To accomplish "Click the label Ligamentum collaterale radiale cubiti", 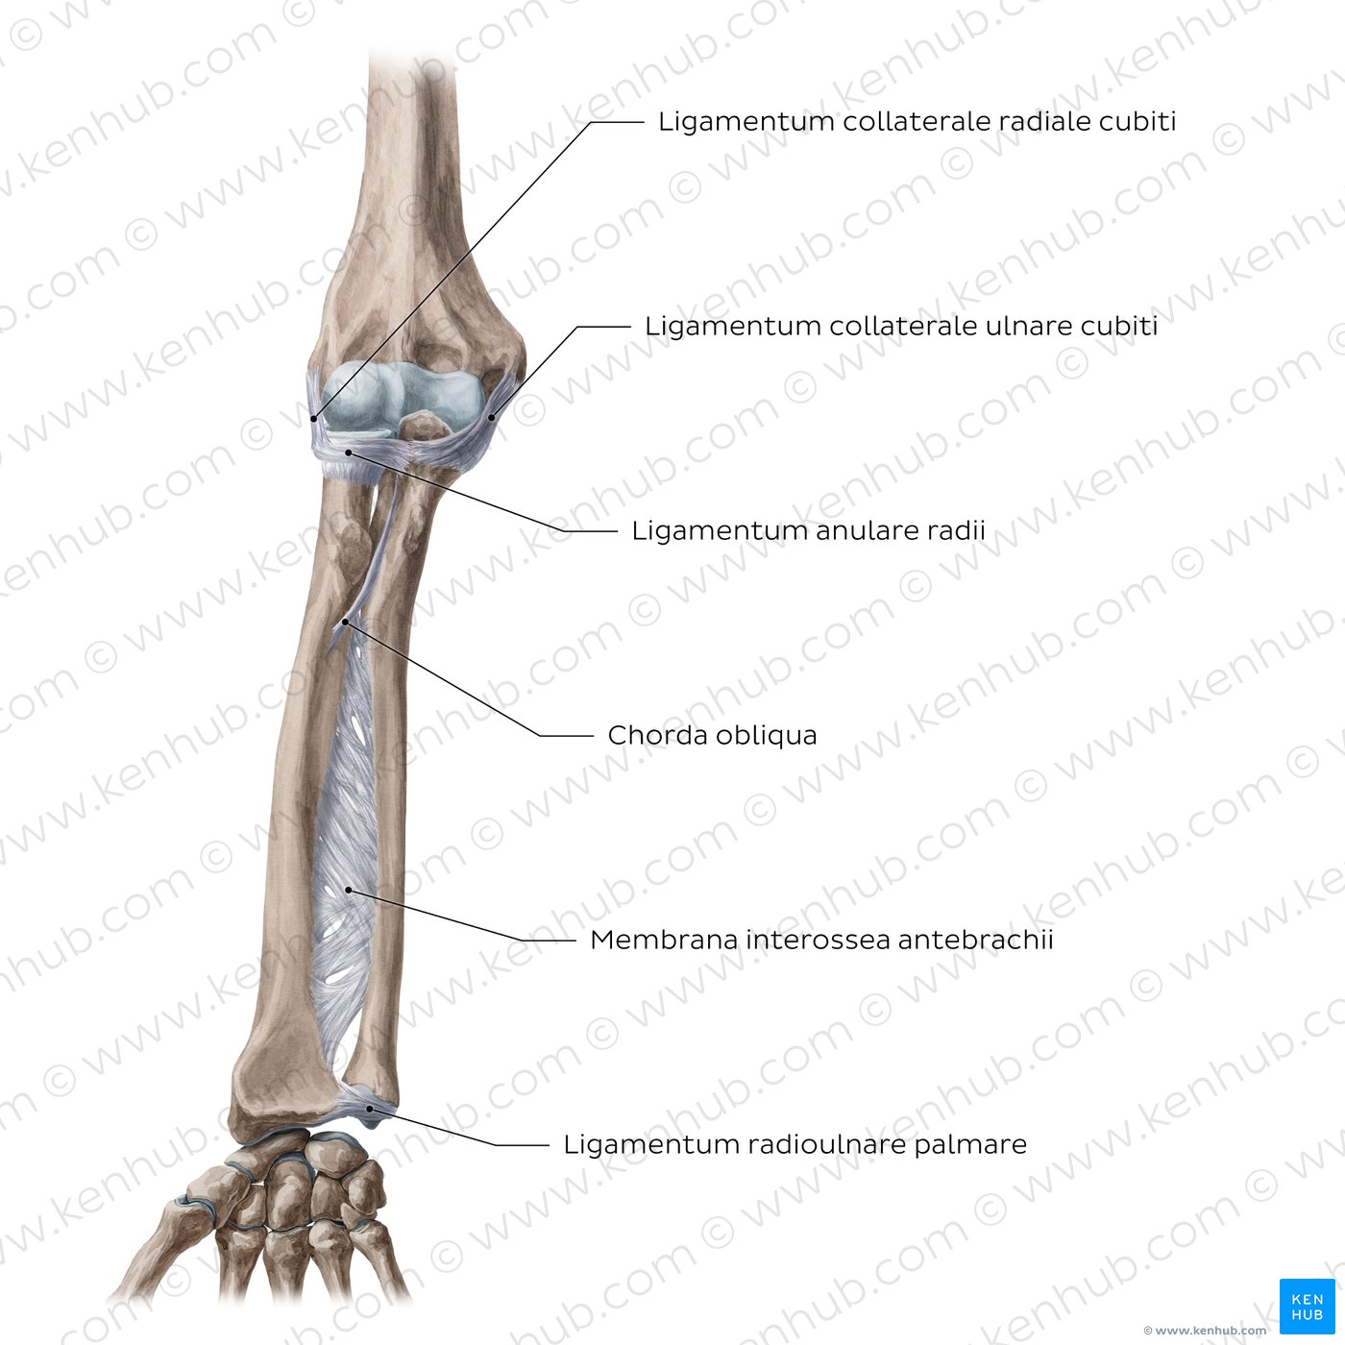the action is [917, 121].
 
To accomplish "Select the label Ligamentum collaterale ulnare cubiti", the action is [900, 326].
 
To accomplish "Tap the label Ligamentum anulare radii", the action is [808, 530].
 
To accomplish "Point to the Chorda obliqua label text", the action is [712, 735].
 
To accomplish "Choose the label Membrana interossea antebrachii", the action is [821, 940].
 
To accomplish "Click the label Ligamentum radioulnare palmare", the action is [795, 1144].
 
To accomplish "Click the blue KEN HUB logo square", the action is [1307, 1307].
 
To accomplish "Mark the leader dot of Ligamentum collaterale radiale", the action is [314, 419].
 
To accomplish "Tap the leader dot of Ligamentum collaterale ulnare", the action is [491, 417].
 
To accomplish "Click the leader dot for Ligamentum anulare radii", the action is [349, 453].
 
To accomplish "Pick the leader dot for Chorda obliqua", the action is [345, 622].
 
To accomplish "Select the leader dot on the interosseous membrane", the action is [349, 890].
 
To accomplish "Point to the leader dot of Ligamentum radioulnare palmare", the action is [371, 1108].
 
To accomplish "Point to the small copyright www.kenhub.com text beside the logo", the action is [1205, 1330].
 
